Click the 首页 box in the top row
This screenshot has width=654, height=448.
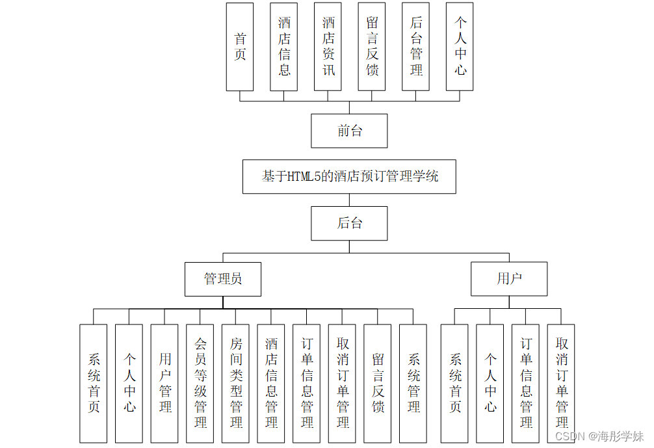(240, 47)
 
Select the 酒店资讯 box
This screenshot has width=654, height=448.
(328, 47)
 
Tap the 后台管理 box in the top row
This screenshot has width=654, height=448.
(416, 47)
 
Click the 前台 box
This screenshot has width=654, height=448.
(349, 131)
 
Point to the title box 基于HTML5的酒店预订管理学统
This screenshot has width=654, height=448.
(349, 176)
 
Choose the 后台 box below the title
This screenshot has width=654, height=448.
(349, 224)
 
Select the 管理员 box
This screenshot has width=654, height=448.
(223, 279)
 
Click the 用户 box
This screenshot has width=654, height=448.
(509, 279)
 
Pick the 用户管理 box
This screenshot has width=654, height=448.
(164, 384)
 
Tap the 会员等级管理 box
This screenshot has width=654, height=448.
(200, 384)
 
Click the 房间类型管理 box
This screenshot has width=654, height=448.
(235, 384)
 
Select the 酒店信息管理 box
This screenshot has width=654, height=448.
(271, 384)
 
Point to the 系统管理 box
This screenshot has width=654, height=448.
(413, 384)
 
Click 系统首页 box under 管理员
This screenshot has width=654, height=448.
(94, 384)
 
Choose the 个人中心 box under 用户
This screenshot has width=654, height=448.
(490, 384)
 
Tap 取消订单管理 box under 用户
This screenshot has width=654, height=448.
(561, 384)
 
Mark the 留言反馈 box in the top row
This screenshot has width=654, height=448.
(372, 47)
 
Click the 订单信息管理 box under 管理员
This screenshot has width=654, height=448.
(307, 384)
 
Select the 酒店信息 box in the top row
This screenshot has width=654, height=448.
(284, 47)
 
